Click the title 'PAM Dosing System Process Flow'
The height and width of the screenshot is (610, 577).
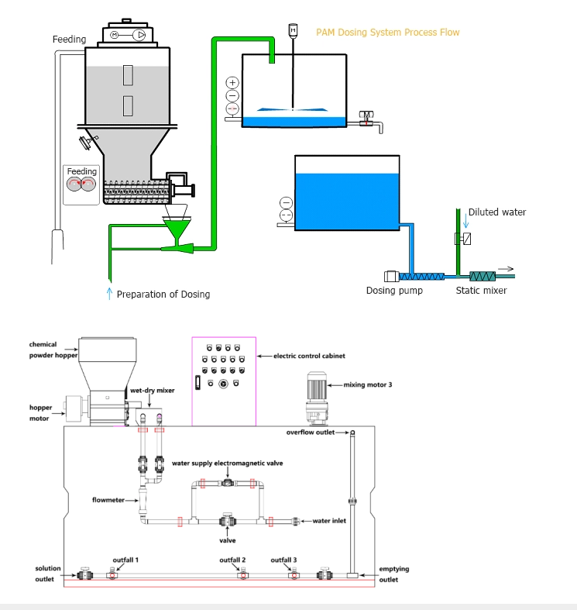click(x=387, y=33)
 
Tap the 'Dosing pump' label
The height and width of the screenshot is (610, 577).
click(x=394, y=291)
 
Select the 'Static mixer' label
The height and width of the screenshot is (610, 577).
click(x=481, y=291)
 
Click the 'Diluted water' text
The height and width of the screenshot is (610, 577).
click(x=496, y=212)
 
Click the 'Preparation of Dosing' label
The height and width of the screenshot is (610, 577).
click(x=163, y=295)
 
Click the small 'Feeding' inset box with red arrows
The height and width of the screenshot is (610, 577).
click(x=82, y=184)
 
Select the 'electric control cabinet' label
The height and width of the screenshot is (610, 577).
click(x=309, y=357)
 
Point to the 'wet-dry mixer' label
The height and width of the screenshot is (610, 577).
click(x=152, y=391)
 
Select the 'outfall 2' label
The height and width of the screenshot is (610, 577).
click(x=232, y=560)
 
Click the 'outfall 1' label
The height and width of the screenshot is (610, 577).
click(x=125, y=560)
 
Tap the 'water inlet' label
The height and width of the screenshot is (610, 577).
click(x=328, y=521)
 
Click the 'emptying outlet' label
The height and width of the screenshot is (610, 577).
click(x=394, y=574)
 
